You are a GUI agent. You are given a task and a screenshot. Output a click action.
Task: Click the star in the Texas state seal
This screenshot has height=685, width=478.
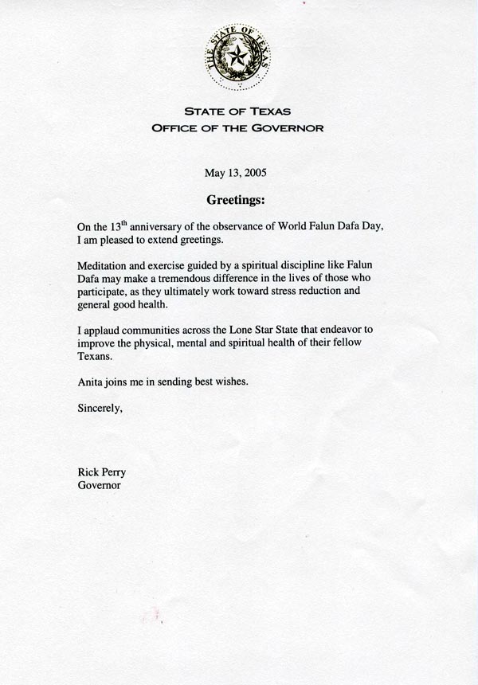pos(237,55)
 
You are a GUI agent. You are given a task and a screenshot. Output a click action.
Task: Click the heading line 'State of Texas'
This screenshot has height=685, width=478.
pos(238,112)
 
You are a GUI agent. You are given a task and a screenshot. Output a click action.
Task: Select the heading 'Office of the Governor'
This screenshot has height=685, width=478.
pos(238,128)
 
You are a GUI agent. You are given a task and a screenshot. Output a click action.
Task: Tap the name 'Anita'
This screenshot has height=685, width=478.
pos(90,382)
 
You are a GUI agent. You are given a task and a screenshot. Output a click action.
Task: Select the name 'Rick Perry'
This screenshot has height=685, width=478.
pos(101,472)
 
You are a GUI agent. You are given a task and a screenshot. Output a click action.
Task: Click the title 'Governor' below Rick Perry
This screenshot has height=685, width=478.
pos(99,485)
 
